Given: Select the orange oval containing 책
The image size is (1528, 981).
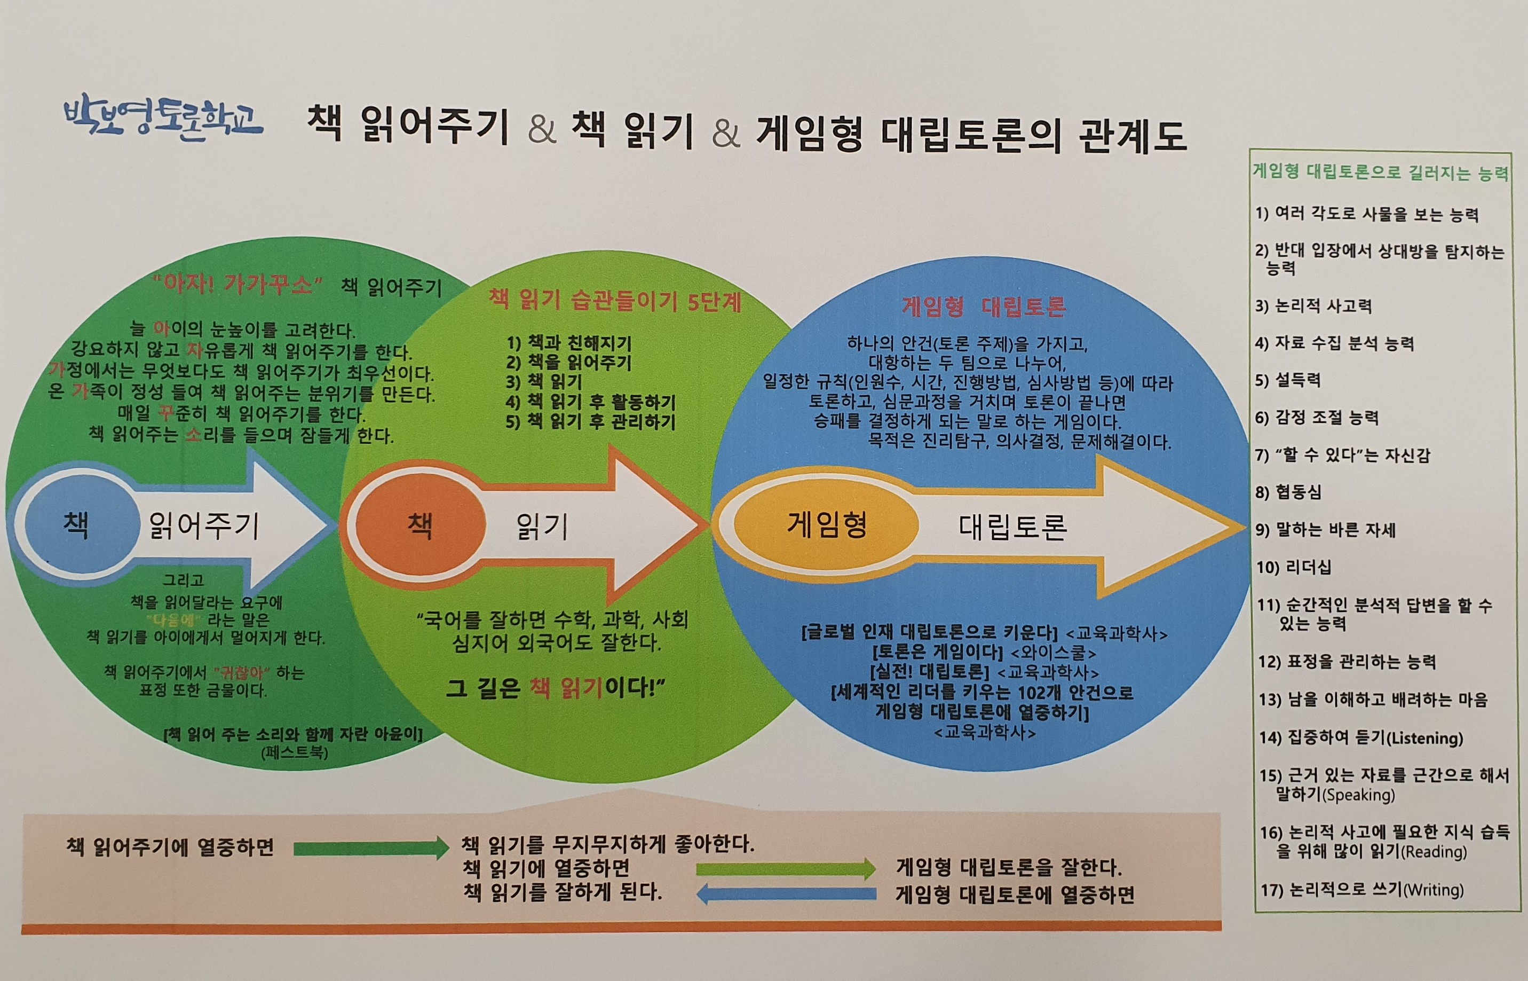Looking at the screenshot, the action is click(419, 526).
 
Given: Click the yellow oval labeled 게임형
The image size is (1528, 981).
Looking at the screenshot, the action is click(826, 525).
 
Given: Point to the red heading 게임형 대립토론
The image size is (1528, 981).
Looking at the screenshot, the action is click(983, 307).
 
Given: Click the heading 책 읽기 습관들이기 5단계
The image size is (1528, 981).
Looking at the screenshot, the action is click(614, 300).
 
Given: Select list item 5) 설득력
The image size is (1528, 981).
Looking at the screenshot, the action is click(1288, 380).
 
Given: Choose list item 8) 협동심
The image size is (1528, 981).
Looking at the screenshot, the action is click(1288, 492).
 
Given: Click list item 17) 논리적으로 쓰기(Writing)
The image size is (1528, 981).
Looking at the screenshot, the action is click(1362, 889).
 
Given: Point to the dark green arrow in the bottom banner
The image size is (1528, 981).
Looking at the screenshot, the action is click(371, 848).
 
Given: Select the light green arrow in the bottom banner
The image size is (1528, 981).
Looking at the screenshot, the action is click(786, 869).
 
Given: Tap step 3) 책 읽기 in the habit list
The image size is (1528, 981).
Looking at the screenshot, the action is click(544, 382).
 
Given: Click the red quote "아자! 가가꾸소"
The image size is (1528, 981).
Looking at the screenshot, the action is click(237, 284).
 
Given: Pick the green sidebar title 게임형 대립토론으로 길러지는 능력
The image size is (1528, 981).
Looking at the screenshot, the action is click(1380, 172).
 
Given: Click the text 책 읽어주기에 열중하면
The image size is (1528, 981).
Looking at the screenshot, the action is click(170, 847).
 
